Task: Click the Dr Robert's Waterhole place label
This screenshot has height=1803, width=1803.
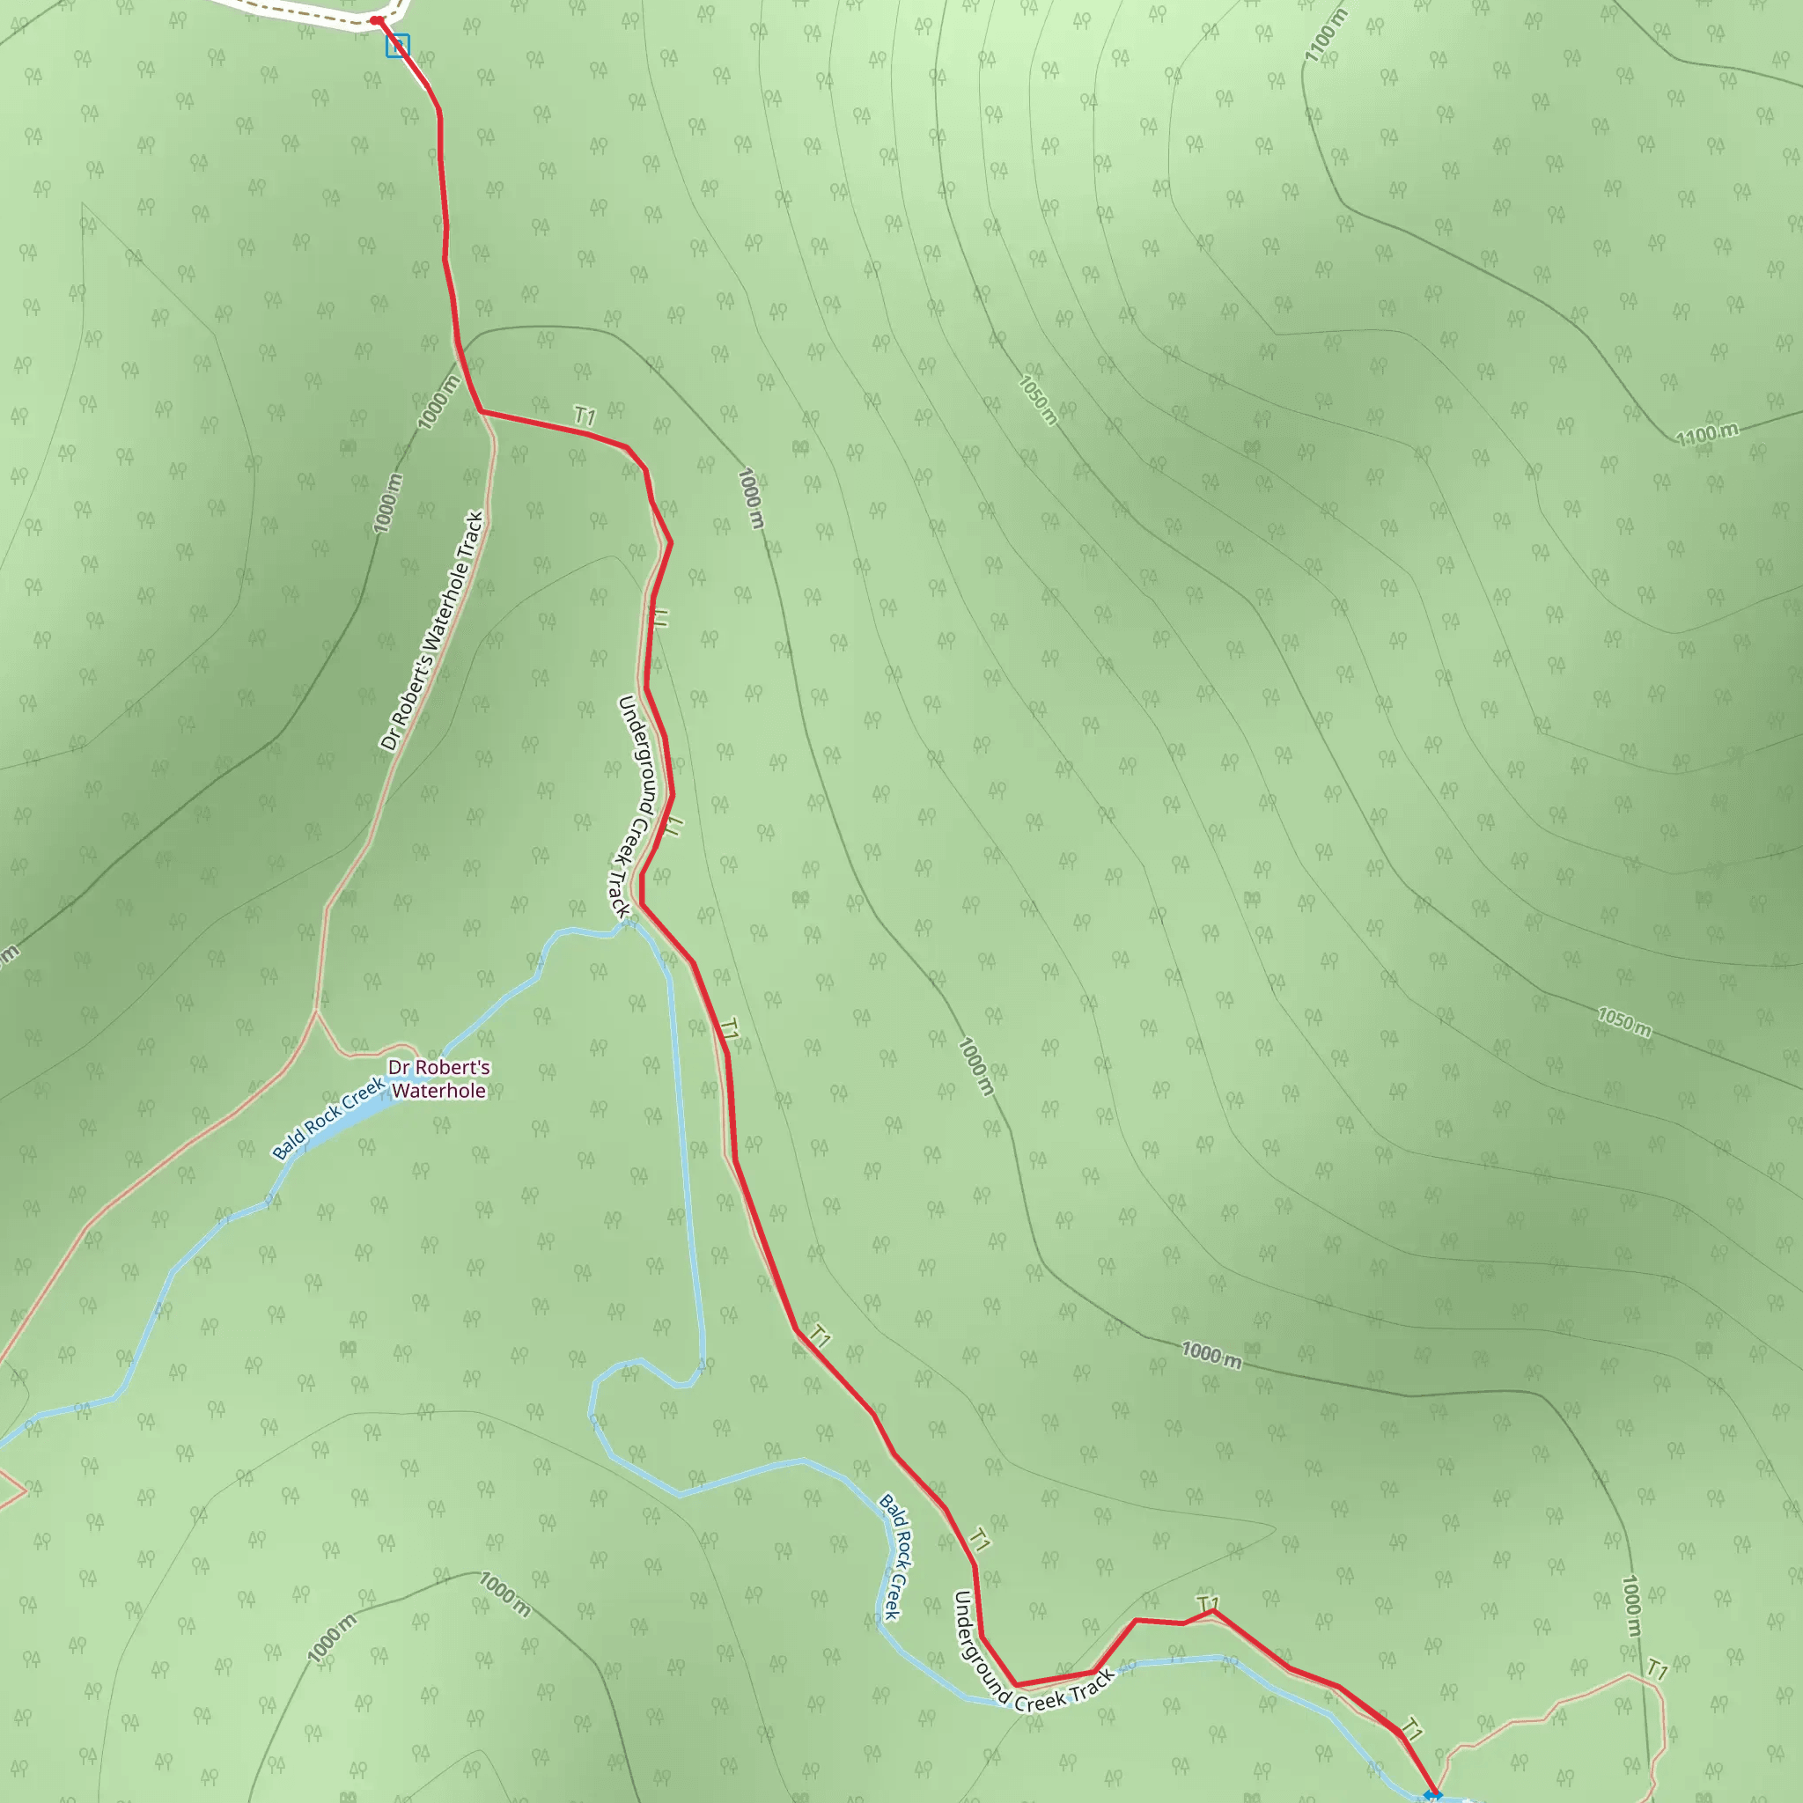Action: coord(438,1078)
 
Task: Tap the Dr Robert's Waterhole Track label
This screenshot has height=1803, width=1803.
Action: coord(432,631)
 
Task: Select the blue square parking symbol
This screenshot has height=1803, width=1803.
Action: coord(398,46)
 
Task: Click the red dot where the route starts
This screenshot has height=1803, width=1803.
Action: coord(375,19)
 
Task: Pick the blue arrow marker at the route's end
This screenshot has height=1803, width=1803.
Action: coord(1432,1794)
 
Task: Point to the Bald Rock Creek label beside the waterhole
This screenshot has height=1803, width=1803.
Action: coord(327,1118)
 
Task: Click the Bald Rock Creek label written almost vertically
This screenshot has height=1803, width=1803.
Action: coord(895,1556)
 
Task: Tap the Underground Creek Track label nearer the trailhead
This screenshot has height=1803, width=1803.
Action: coord(636,806)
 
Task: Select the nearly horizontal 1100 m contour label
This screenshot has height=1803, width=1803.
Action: coord(1707,434)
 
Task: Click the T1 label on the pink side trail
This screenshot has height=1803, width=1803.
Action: coord(1657,1668)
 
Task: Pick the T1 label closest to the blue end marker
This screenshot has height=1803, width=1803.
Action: coord(1412,1730)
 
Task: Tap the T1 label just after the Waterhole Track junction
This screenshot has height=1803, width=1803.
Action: coord(585,416)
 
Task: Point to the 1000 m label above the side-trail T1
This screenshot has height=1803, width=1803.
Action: coord(1630,1605)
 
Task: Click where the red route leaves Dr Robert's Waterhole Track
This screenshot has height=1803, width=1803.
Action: coord(480,411)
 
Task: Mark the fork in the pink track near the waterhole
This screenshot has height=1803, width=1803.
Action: coord(317,1011)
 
